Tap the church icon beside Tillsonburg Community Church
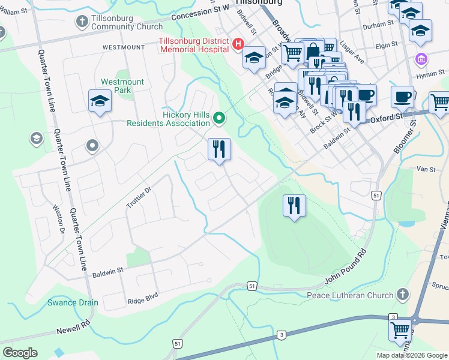pos(82,22)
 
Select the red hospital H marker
pos(238,44)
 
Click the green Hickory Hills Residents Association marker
pos(219,119)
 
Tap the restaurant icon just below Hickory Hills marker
pos(219,149)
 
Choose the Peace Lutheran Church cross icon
pos(403,295)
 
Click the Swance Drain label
pos(73,302)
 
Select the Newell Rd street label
pos(73,327)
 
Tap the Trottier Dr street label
pos(140,196)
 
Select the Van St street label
pos(426,170)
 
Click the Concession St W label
pos(200,12)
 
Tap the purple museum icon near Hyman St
pos(422,60)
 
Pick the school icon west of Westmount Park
pos(100,101)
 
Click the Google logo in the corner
pos(20,353)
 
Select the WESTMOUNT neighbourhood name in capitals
pos(124,47)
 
